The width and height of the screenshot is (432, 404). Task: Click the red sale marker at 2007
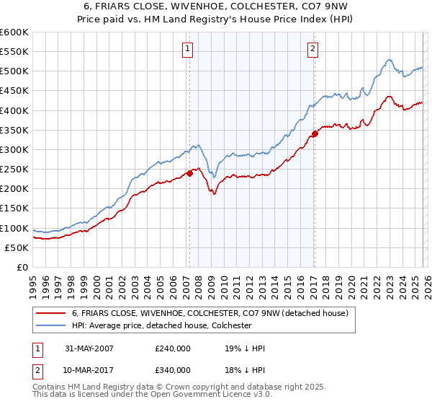coord(190,173)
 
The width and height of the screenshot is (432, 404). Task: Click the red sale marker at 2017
coord(315,134)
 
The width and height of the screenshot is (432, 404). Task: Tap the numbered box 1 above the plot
coord(187,49)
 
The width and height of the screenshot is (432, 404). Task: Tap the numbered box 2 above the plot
coord(314,49)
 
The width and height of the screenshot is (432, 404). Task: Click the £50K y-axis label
coord(17,247)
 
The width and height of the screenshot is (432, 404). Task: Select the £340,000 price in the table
coord(173,369)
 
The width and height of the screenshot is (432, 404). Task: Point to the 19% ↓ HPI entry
coord(246,348)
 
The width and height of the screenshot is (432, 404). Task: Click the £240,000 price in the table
coord(173,348)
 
